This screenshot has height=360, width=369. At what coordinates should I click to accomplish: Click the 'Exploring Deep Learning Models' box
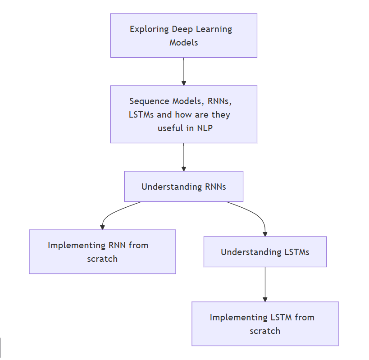183,36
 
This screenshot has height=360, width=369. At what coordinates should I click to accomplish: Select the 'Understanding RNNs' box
183,186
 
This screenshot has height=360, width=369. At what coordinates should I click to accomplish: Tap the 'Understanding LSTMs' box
265,252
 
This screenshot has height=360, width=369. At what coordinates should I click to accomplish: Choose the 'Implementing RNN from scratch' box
102,252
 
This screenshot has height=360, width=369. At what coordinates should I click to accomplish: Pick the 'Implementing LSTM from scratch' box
265,324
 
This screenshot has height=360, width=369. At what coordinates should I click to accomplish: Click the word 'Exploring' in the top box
149,29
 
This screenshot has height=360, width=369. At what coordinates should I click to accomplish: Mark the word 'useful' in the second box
170,128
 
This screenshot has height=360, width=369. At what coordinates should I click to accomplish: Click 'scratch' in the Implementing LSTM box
265,331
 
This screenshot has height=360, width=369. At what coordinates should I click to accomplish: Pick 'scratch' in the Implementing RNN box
102,259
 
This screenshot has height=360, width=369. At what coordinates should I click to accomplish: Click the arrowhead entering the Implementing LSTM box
265,299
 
